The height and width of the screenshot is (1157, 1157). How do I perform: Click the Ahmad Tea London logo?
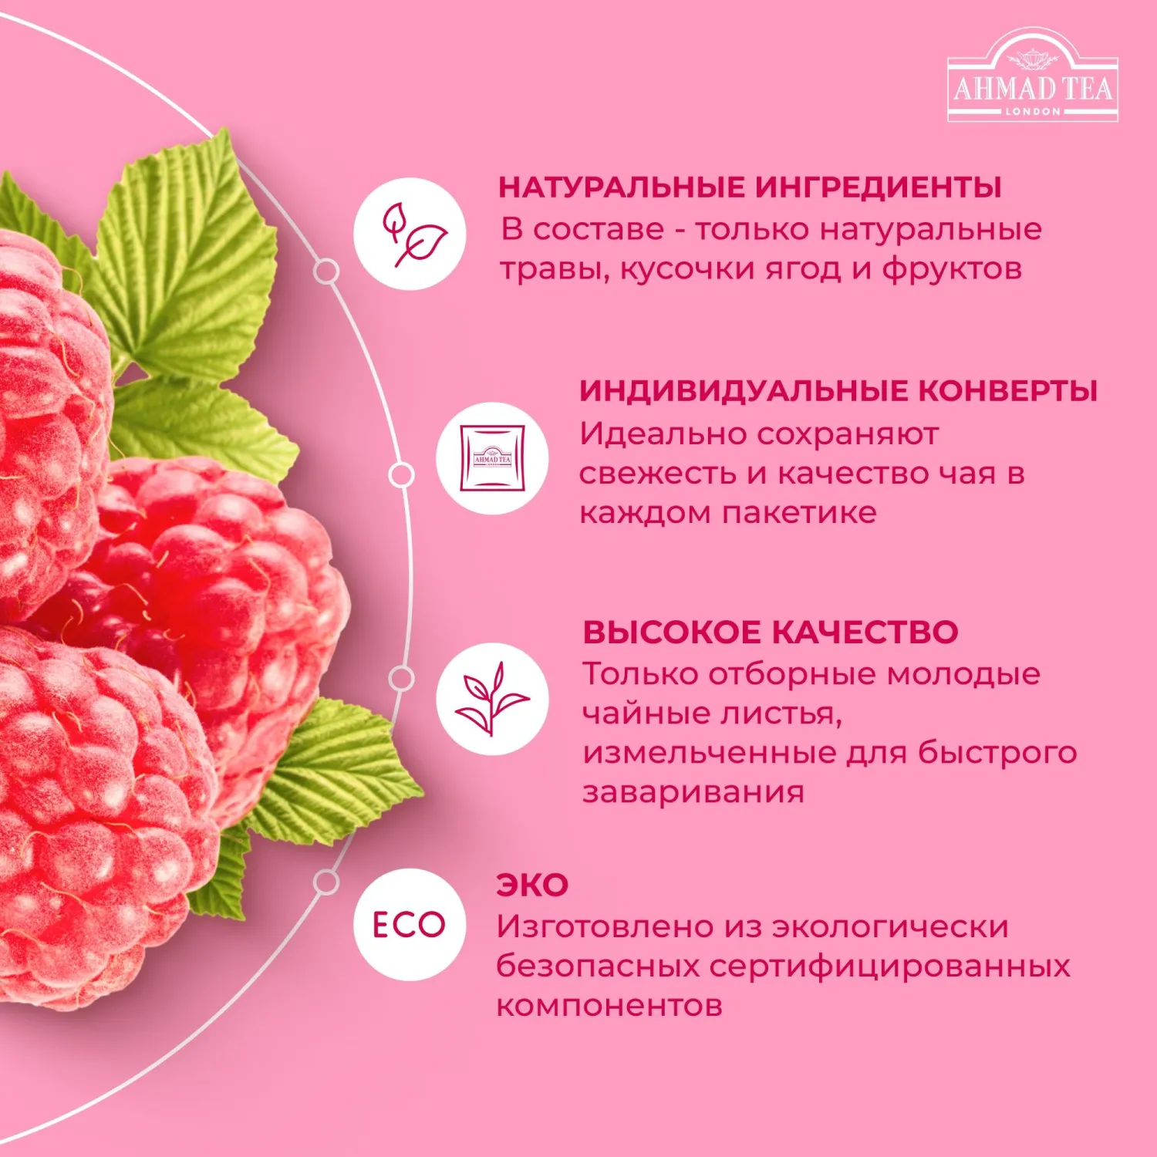[1032, 77]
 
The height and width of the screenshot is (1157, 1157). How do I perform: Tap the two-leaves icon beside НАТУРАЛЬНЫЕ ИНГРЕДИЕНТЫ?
[410, 234]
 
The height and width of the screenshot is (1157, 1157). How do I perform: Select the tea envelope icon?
[492, 458]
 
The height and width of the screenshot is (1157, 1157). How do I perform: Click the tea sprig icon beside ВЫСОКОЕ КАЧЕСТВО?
[492, 699]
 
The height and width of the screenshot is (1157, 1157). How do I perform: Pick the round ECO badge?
[410, 924]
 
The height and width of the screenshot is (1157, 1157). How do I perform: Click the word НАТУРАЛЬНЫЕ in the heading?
[622, 187]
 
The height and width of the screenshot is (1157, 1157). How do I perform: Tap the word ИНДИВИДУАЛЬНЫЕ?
[744, 391]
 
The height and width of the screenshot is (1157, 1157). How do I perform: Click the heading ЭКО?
[532, 885]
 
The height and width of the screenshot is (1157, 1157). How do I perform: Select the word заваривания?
[693, 792]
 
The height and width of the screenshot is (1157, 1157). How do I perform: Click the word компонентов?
[609, 1006]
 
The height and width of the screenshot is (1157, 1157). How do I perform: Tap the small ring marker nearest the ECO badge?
[327, 882]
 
